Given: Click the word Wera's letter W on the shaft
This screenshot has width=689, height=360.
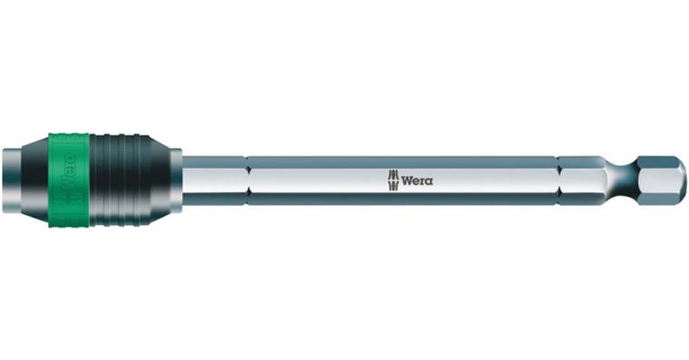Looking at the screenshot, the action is pyautogui.click(x=406, y=180).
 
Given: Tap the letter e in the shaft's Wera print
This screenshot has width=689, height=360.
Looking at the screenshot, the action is pyautogui.click(x=416, y=181).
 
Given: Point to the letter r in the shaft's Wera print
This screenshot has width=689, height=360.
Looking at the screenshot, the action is pyautogui.click(x=422, y=181).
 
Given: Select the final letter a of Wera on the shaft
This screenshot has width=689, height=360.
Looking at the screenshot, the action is pyautogui.click(x=429, y=181).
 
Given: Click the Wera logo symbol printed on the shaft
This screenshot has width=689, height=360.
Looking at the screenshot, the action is pyautogui.click(x=393, y=180).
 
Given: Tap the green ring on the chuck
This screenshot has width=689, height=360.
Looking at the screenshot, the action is pyautogui.click(x=69, y=180).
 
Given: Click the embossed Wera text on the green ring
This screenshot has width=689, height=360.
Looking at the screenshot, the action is pyautogui.click(x=71, y=166).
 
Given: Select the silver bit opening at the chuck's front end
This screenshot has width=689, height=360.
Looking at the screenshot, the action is pyautogui.click(x=12, y=180).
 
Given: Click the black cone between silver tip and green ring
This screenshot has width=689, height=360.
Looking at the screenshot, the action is pyautogui.click(x=35, y=180).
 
